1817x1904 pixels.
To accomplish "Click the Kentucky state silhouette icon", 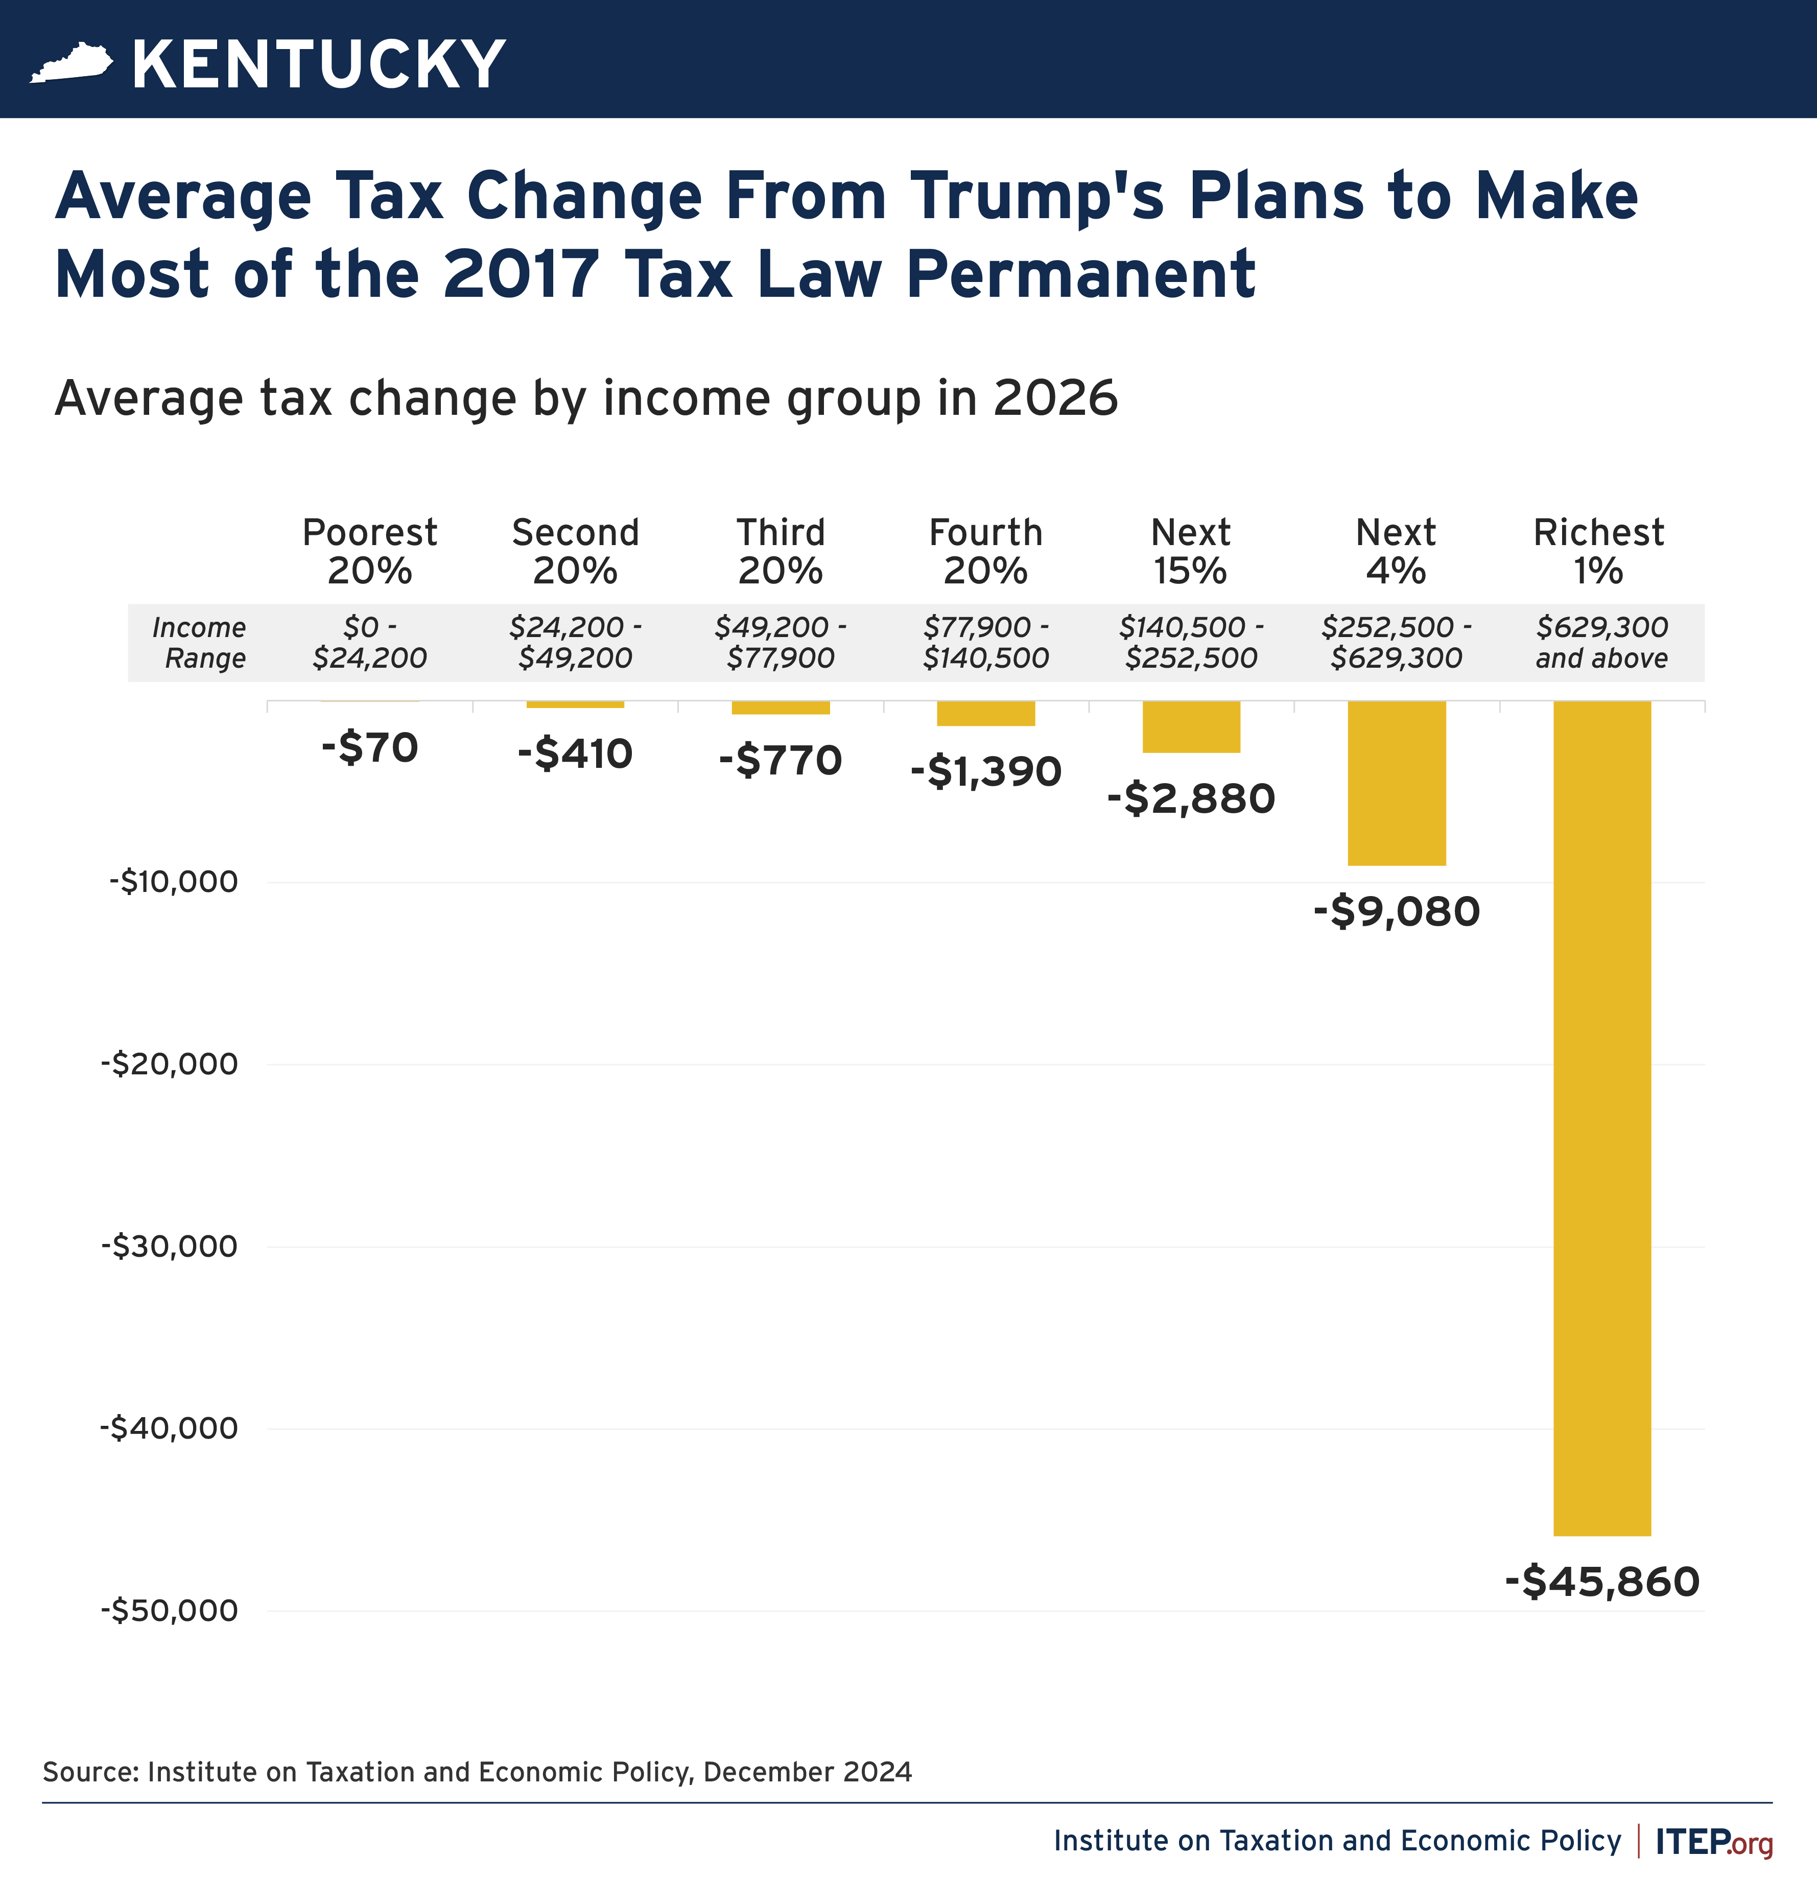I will pyautogui.click(x=72, y=64).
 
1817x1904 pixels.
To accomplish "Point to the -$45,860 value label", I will pyautogui.click(x=1602, y=1582).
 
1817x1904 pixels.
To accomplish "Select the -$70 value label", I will pyautogui.click(x=370, y=748).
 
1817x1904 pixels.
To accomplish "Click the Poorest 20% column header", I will pyautogui.click(x=370, y=551).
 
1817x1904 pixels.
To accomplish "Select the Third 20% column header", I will pyautogui.click(x=781, y=551).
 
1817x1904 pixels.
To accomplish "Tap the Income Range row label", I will pyautogui.click(x=200, y=642).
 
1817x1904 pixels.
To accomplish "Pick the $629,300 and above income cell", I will pyautogui.click(x=1602, y=642).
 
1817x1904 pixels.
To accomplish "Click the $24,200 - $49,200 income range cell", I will pyautogui.click(x=575, y=642).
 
